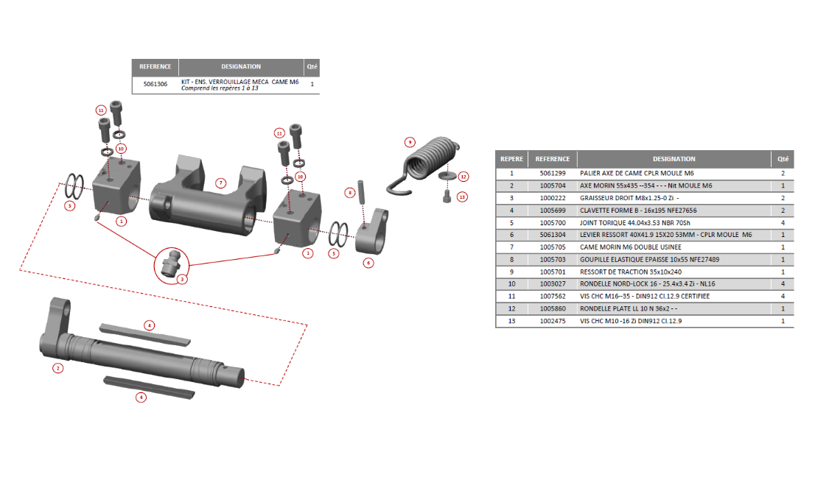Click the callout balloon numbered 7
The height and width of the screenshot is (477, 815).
[x=220, y=182]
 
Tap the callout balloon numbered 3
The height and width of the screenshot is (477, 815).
[x=181, y=279]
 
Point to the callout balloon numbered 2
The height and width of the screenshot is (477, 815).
[x=57, y=368]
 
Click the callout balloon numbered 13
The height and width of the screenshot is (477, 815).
[x=462, y=197]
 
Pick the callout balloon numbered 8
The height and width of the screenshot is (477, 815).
[x=351, y=192]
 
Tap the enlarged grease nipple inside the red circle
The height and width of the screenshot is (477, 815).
[x=170, y=262]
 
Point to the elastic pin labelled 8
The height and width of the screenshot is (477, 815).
[x=363, y=191]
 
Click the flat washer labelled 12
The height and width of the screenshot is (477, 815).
[x=445, y=177]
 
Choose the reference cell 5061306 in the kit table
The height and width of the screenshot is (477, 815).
[x=155, y=84]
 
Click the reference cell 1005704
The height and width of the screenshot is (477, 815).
[x=553, y=185]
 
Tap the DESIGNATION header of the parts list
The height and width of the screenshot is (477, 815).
[x=674, y=159]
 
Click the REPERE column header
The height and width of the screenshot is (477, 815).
[x=511, y=159]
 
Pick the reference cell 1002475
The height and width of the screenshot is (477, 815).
[x=553, y=322]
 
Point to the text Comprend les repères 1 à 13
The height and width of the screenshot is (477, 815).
[x=220, y=88]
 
